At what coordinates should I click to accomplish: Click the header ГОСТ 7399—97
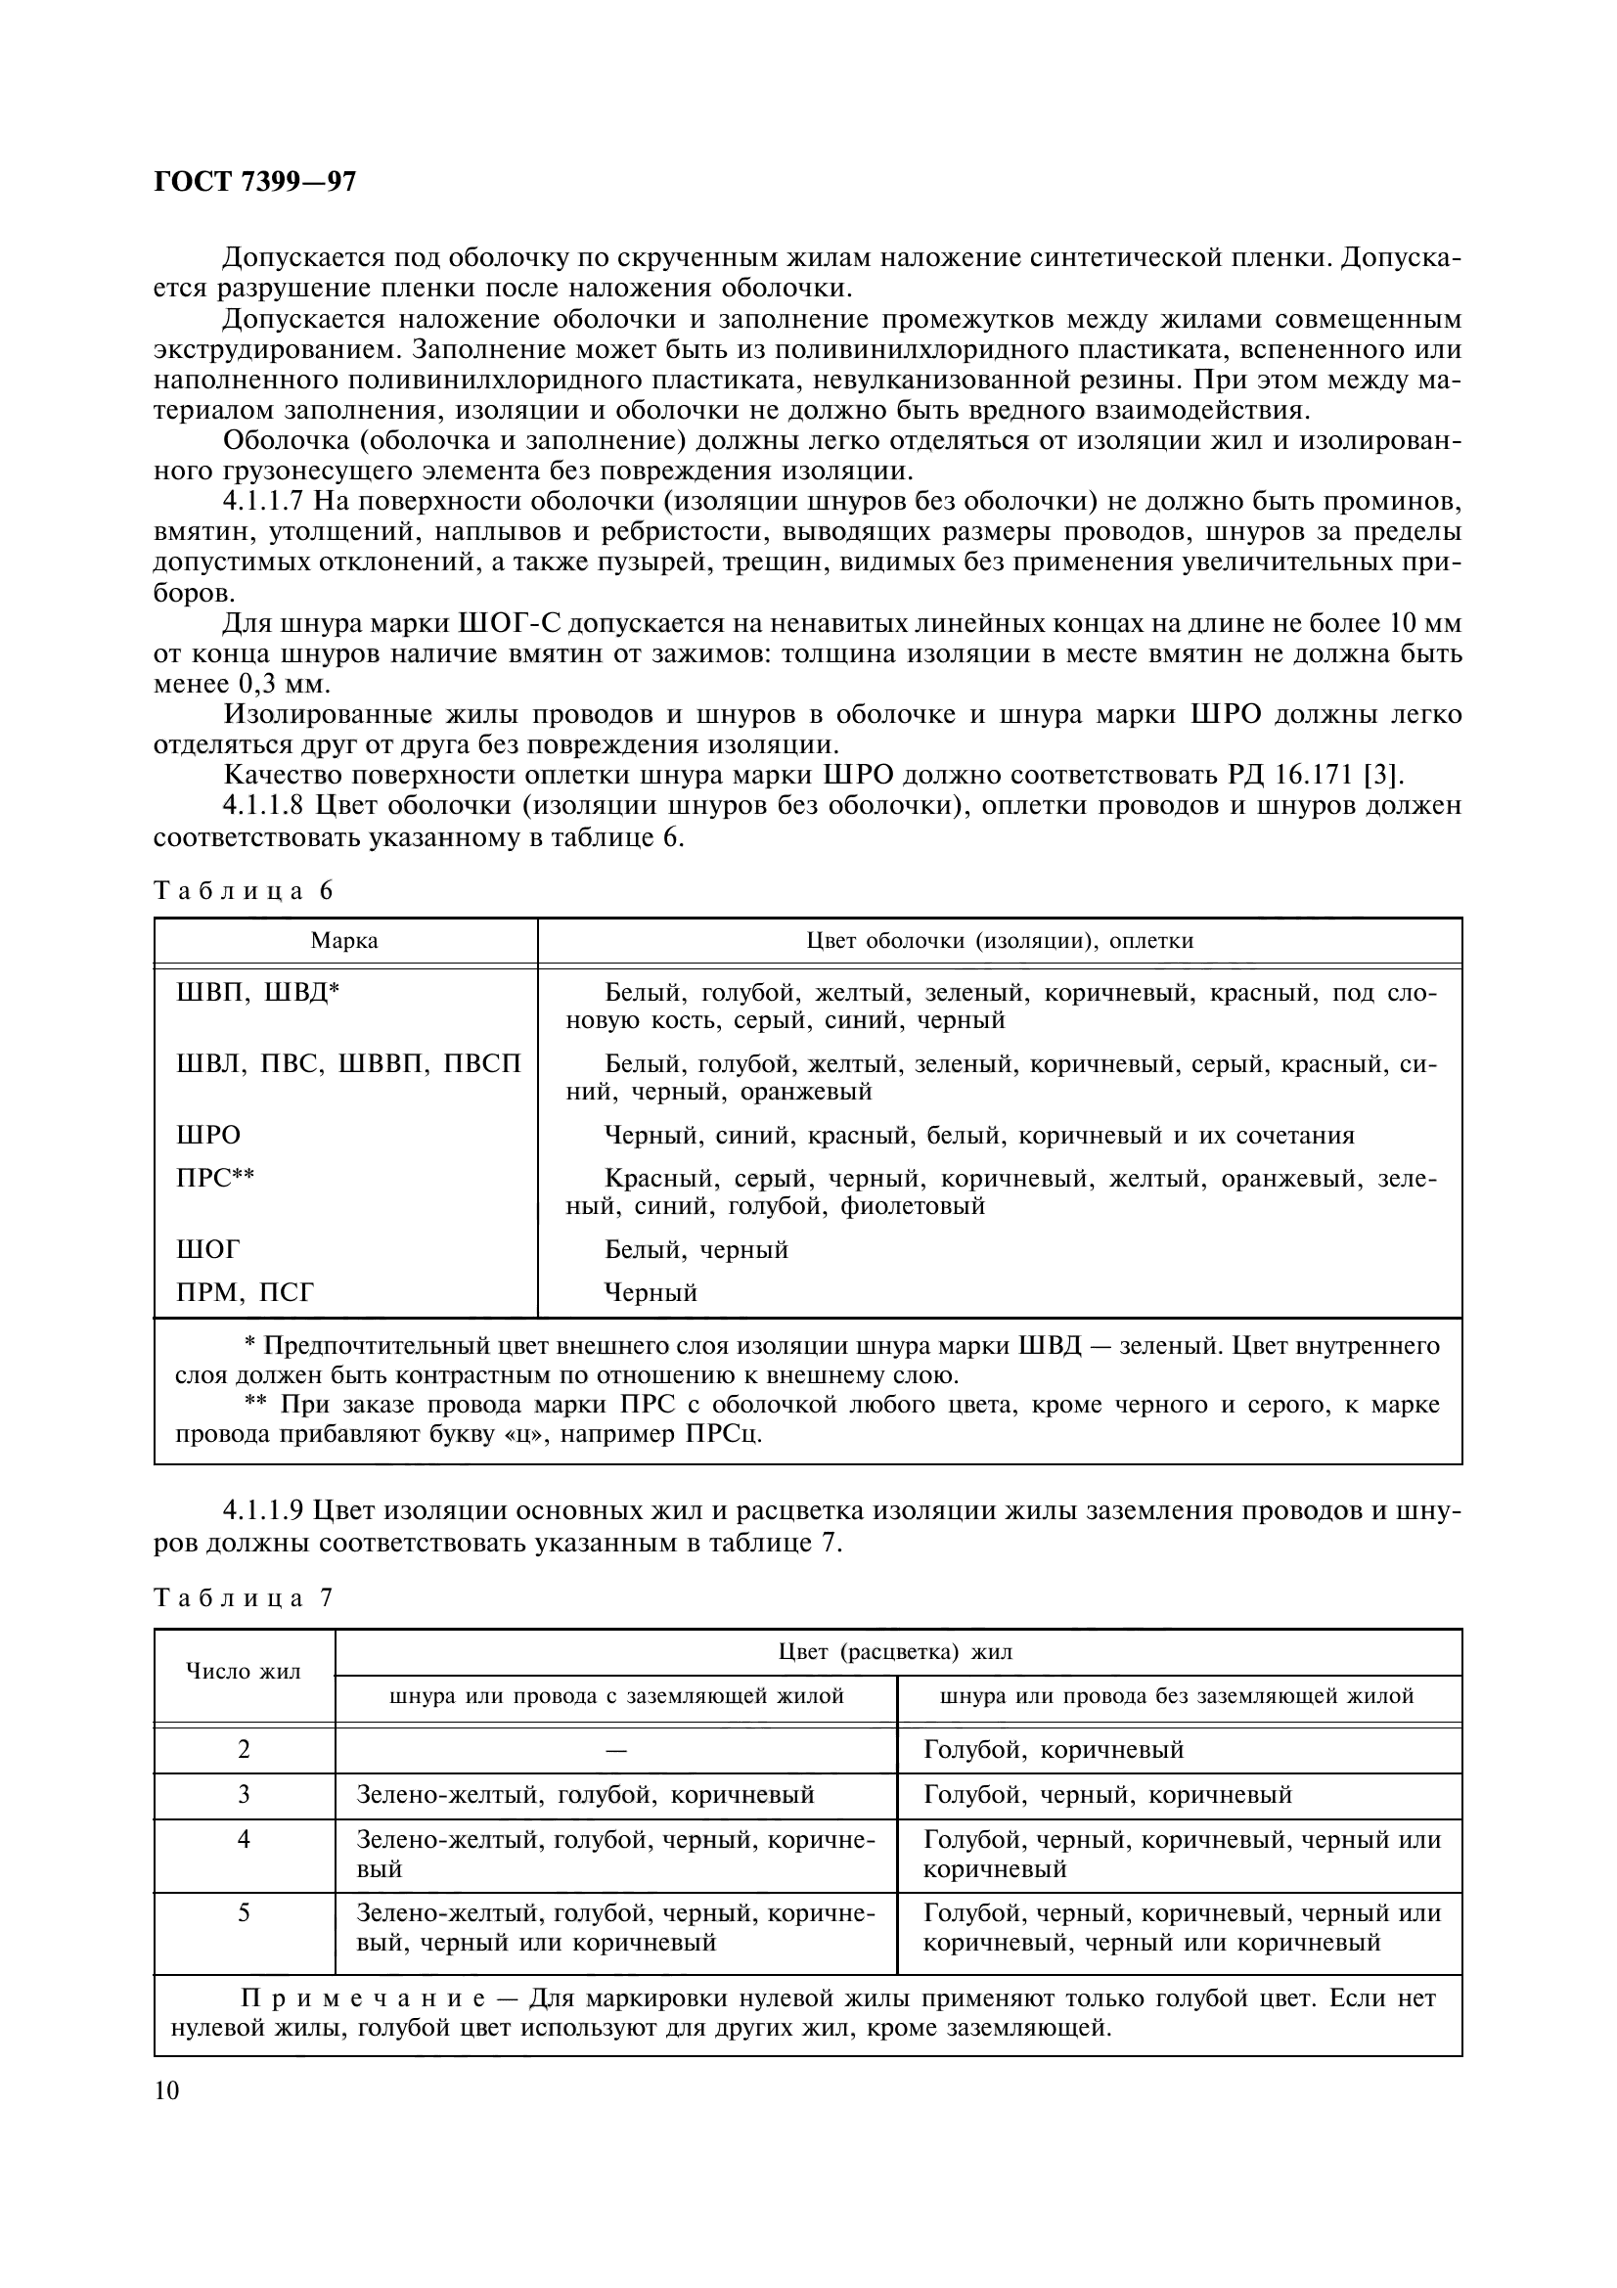click(255, 182)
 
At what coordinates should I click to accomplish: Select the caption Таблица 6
click(244, 891)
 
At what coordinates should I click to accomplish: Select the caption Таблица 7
click(244, 1598)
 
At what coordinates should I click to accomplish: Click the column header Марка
click(344, 941)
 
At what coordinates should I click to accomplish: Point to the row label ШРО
click(208, 1135)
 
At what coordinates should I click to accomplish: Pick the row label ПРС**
click(215, 1178)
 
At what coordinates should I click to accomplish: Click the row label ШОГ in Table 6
click(208, 1248)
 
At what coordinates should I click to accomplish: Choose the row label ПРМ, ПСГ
click(246, 1292)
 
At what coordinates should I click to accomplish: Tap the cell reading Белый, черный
click(696, 1248)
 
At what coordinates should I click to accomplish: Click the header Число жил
click(245, 1671)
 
